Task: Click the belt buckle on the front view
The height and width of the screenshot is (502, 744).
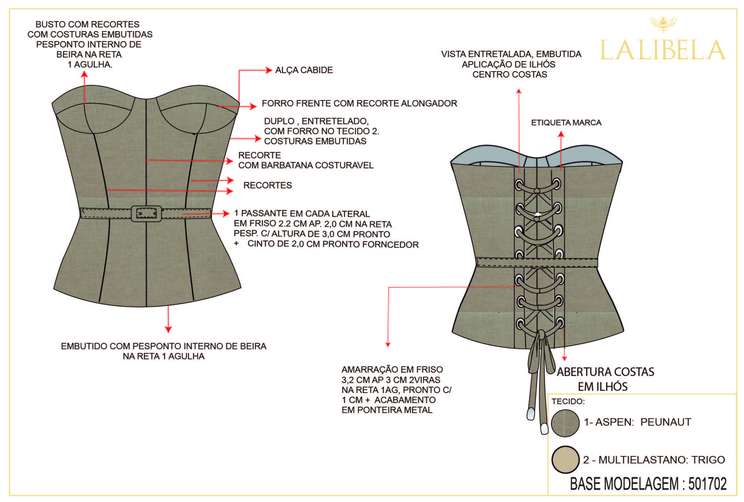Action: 146,214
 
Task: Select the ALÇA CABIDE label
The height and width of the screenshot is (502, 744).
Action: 304,70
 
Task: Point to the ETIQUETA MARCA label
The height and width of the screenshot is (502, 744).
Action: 566,123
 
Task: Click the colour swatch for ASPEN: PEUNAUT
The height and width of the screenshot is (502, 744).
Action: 565,423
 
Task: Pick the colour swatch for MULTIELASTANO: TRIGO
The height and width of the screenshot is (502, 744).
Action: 565,459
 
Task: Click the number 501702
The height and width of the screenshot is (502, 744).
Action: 707,484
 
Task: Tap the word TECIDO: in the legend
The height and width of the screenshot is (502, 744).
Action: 568,402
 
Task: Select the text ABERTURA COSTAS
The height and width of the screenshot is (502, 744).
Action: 605,372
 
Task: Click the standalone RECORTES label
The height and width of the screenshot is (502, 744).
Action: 268,185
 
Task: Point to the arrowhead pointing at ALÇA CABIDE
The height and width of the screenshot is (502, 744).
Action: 269,70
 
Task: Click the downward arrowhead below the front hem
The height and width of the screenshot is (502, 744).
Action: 169,329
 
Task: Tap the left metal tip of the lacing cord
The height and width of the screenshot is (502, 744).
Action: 531,414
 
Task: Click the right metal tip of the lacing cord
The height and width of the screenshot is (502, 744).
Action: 544,429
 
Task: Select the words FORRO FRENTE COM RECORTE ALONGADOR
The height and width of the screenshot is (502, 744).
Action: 359,103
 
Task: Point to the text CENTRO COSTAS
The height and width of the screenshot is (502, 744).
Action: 510,75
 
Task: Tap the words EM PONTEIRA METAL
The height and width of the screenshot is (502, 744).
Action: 387,410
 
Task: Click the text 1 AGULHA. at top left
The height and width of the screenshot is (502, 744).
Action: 90,65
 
